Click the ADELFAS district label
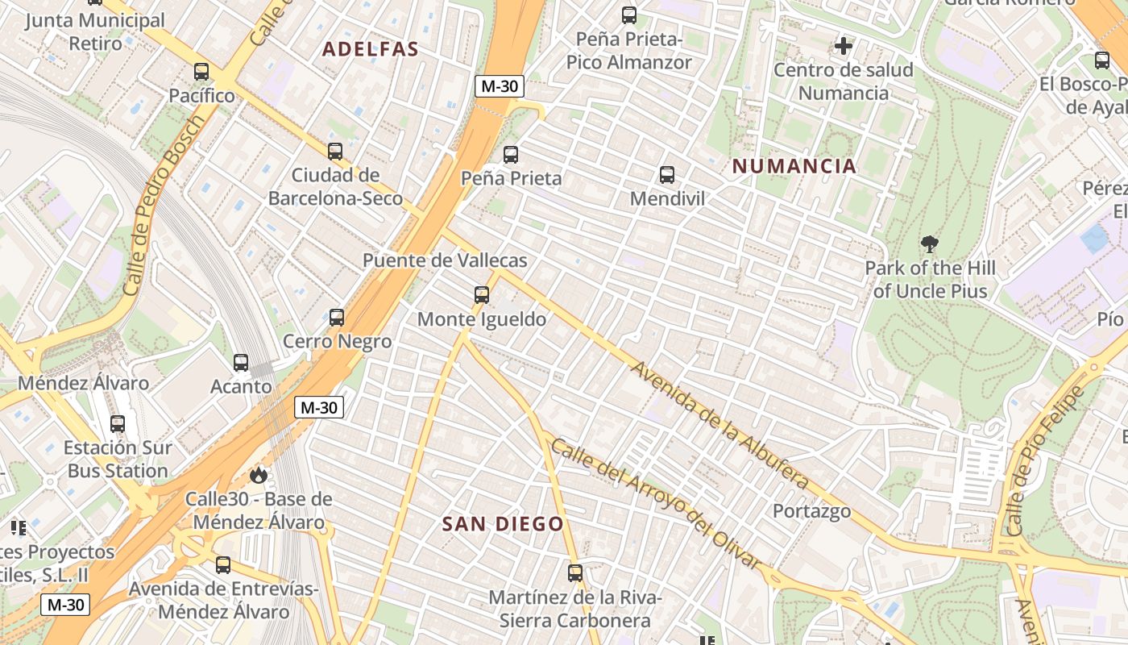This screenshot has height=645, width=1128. tap(371, 49)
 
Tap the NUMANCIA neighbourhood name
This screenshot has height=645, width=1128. tap(794, 166)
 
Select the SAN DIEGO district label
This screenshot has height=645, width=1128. tap(503, 524)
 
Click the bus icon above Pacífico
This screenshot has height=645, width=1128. tap(201, 72)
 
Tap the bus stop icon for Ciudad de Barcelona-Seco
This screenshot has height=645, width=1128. tap(335, 151)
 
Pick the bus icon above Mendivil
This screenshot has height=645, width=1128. tap(667, 174)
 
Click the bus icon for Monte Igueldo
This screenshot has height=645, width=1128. tap(482, 295)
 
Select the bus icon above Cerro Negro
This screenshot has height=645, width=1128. tap(337, 318)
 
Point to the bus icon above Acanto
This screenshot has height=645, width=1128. tap(241, 363)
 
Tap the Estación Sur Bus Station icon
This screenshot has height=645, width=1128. tap(118, 424)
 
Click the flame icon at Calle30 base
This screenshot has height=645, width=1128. tap(259, 475)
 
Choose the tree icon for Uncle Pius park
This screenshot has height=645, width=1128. tap(930, 243)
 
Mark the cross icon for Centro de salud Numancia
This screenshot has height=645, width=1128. tap(844, 46)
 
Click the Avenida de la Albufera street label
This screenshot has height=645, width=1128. tap(720, 425)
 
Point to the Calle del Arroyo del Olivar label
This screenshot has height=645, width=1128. tap(657, 505)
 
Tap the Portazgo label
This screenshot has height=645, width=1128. tap(811, 511)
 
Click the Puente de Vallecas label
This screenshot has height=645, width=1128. tap(445, 260)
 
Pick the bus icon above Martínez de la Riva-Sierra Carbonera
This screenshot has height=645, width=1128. tap(575, 573)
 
